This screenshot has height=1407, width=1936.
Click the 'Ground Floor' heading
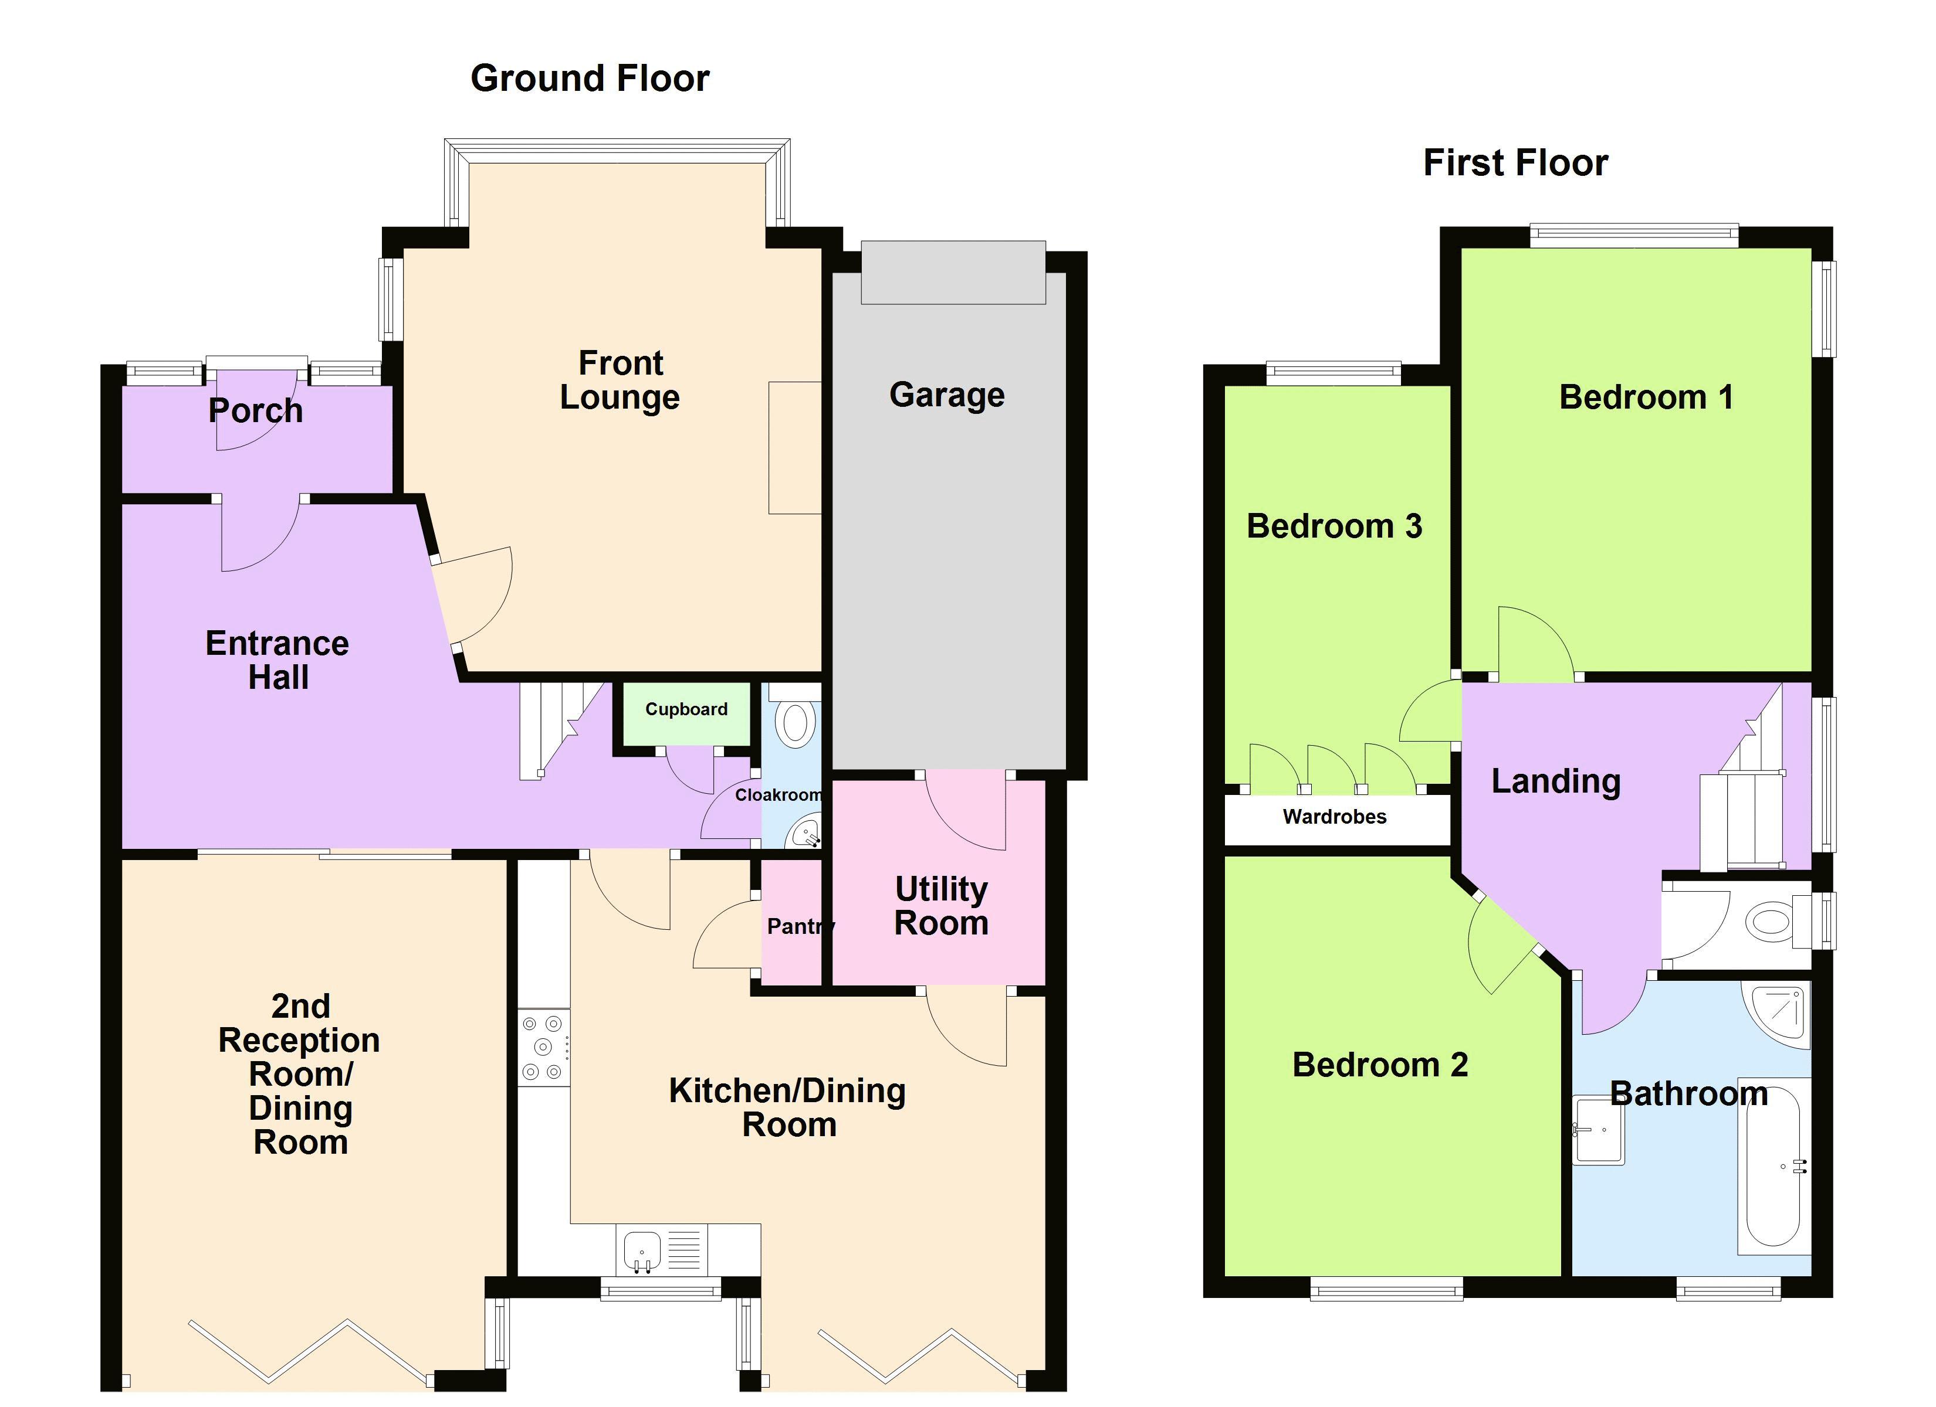(x=590, y=79)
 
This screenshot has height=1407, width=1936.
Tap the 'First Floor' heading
(x=1515, y=163)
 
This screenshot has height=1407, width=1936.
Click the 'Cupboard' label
(x=686, y=709)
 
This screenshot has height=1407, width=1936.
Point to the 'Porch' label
(x=255, y=410)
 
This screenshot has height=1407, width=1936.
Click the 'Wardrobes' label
(x=1334, y=817)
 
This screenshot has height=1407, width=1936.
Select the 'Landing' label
(x=1555, y=781)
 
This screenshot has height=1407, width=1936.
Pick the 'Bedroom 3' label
(x=1334, y=526)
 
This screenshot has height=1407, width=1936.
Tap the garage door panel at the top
(x=953, y=272)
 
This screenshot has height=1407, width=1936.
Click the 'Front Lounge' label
(x=620, y=380)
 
